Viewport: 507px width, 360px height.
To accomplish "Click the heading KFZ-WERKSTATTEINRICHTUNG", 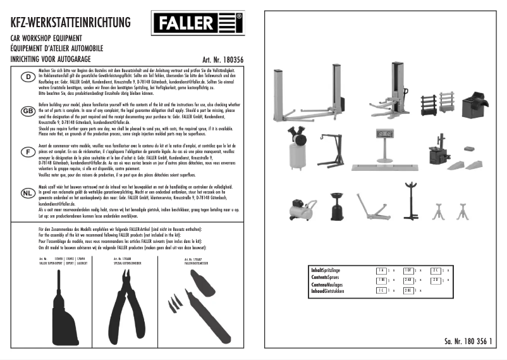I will tap(70, 23).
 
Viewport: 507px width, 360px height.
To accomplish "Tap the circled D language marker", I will tap(28, 77).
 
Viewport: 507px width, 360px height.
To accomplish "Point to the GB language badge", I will tap(28, 110).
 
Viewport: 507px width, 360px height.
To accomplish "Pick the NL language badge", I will tap(28, 193).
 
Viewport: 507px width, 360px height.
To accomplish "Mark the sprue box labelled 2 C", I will tap(453, 270).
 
